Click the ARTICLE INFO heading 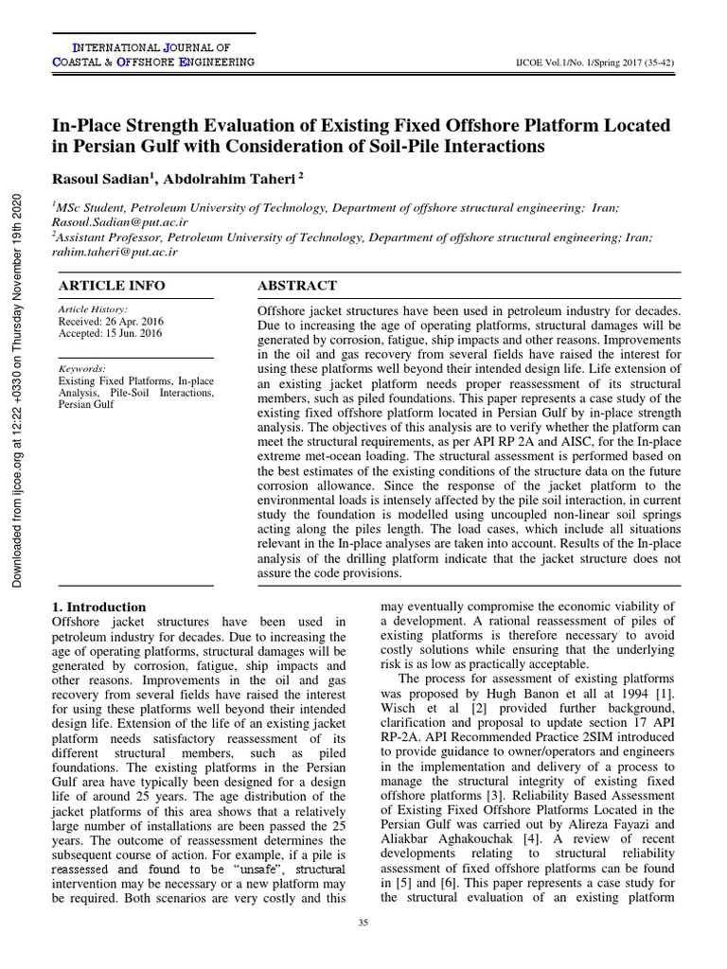[111, 286]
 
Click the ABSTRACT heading [296, 286]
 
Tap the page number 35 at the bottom [363, 923]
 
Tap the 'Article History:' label [93, 309]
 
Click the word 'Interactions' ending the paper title [500, 147]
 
